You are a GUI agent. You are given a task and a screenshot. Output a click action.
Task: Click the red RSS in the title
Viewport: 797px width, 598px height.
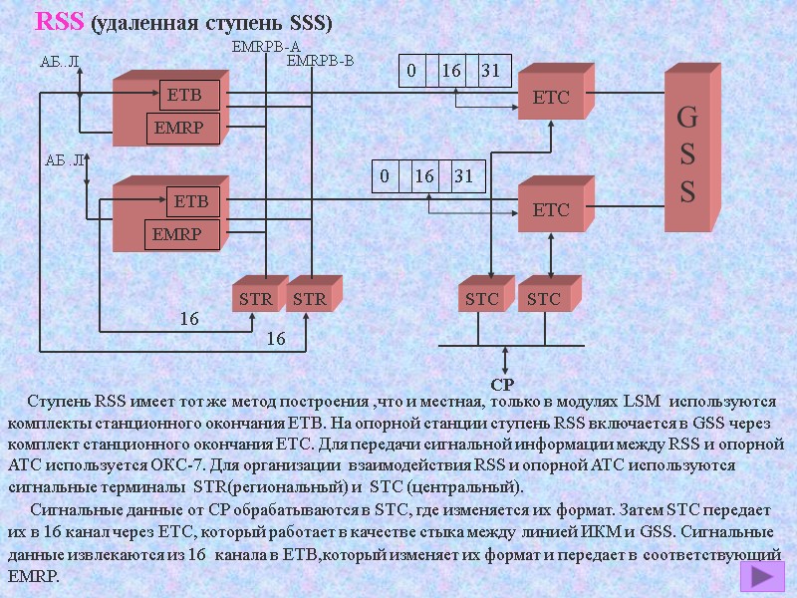60,22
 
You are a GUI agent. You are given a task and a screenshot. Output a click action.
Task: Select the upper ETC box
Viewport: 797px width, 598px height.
551,98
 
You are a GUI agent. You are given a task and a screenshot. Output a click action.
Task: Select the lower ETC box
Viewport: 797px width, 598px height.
551,209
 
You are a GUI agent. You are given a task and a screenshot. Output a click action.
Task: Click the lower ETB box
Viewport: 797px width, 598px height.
190,201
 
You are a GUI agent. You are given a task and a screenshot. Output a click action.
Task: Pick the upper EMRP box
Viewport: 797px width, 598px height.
184,128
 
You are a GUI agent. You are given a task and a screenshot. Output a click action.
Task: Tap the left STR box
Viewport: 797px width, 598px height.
254,298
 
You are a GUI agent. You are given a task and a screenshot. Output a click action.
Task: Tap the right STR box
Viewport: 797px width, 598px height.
309,298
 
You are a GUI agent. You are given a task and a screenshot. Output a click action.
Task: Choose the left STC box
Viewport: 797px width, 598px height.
483,298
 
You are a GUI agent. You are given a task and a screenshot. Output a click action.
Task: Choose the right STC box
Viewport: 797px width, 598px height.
543,298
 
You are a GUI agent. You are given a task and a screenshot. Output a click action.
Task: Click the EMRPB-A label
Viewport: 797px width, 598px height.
265,46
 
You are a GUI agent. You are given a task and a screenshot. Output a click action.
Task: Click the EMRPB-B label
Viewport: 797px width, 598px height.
320,62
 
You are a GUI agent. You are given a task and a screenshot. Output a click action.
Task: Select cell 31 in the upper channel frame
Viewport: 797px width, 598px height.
490,71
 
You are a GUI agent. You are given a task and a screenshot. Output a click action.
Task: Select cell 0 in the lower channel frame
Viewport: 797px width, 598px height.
384,176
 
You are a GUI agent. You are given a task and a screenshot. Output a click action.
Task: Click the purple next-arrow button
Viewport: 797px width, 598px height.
762,577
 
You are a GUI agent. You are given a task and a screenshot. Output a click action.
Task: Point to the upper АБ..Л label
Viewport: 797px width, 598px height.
59,63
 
